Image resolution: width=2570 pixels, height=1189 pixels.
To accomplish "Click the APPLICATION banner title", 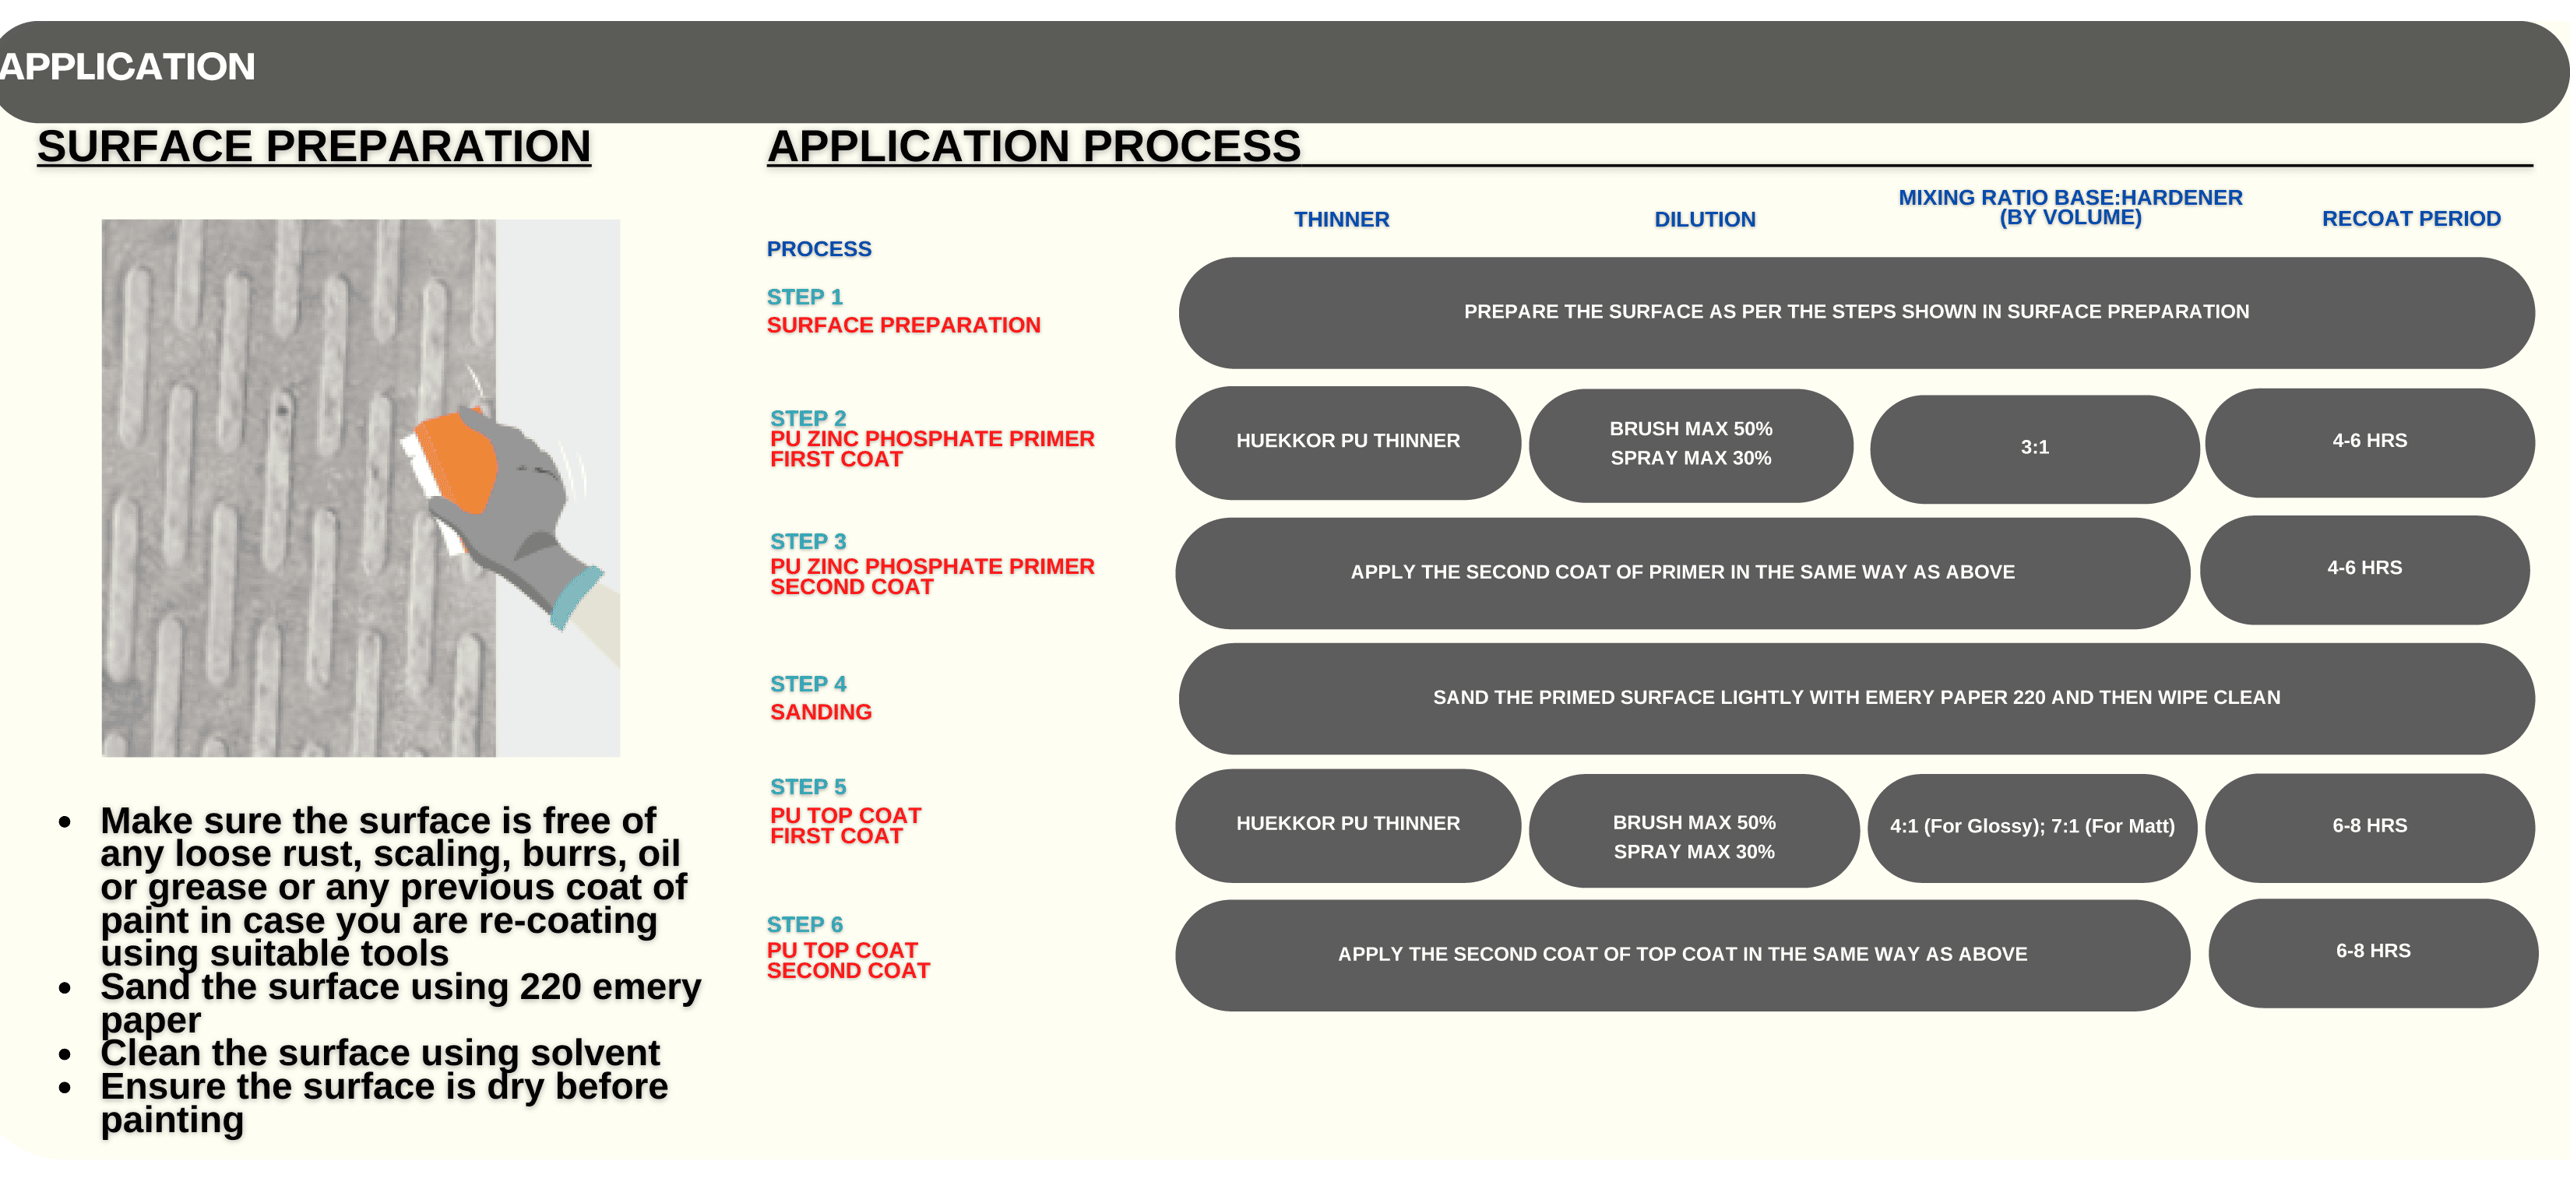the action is (127, 67).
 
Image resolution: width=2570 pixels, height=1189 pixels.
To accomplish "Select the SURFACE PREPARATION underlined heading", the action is (315, 146).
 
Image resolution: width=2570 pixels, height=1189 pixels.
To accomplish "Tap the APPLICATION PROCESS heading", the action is (1033, 146).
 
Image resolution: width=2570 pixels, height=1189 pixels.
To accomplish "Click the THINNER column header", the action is (1341, 220).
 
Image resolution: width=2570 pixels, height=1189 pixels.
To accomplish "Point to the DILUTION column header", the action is (1705, 220).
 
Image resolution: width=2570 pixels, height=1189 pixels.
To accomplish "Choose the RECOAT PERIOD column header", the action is (2411, 219).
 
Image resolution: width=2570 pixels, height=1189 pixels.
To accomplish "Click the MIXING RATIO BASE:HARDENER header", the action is (2070, 207).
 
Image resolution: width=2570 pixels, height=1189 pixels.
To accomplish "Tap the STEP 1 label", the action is (805, 297).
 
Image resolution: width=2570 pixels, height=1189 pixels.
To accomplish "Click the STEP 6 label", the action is (805, 925).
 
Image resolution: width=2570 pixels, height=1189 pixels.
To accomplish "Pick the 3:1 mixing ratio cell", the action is (2034, 448).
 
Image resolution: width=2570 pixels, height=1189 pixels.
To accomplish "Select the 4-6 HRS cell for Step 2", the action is (2370, 442).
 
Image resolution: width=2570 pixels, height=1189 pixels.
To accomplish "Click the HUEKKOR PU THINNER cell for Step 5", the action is (1348, 825).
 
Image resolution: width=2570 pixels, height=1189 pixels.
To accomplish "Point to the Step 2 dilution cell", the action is (1691, 445).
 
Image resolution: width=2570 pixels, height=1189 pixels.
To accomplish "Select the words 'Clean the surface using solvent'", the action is (380, 1054).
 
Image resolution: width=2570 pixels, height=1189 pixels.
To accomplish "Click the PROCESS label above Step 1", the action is (819, 249).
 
